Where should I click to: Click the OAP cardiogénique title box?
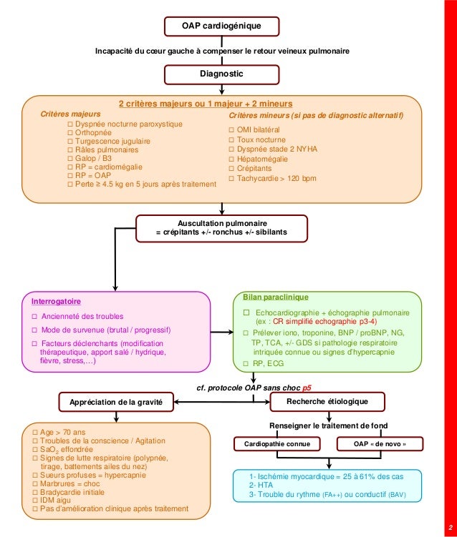pos(221,26)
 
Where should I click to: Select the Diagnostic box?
pos(221,74)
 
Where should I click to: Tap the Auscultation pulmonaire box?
pos(221,228)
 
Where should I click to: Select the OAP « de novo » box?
pos(384,444)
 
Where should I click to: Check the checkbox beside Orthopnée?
pos(69,133)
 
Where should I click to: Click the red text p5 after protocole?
pos(307,388)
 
